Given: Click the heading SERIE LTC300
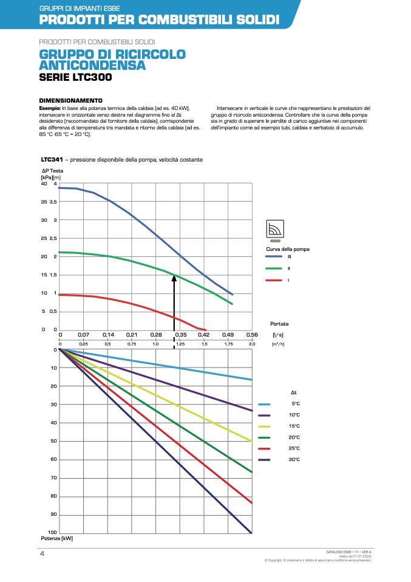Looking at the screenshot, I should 75,78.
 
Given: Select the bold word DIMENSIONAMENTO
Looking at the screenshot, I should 70,100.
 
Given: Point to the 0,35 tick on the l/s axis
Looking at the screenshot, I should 180,335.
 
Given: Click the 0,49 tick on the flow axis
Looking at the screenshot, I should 228,335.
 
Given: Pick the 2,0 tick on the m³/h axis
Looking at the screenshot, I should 252,344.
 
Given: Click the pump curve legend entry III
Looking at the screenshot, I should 289,257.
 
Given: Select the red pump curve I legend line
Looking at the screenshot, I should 274,280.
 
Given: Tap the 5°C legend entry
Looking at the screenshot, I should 296,404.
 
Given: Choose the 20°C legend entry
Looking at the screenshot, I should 296,437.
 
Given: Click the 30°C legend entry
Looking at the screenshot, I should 296,460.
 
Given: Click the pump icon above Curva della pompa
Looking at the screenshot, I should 276,230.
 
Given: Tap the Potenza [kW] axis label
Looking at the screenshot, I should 57,538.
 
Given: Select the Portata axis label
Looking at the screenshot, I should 279,324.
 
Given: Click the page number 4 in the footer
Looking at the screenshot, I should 42,554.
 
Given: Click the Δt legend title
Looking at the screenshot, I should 294,392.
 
